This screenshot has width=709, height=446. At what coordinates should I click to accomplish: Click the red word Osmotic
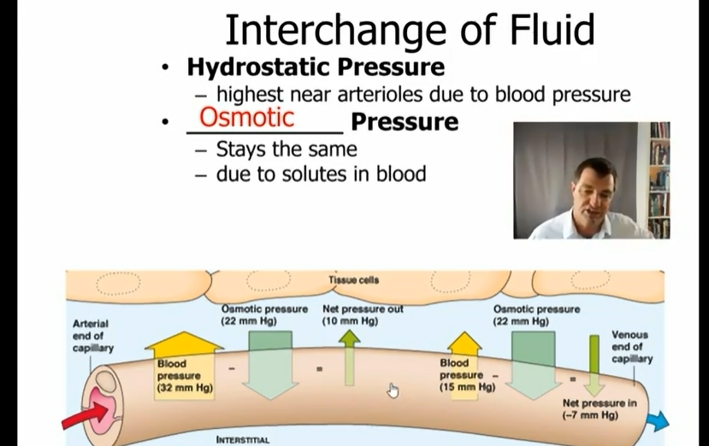coord(247,117)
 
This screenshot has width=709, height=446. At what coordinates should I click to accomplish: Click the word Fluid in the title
coord(552,30)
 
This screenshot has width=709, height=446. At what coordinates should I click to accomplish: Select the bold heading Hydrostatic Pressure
coord(316,67)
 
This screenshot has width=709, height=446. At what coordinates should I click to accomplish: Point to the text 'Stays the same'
coord(287,150)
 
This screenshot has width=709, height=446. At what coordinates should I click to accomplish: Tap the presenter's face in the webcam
coord(594,190)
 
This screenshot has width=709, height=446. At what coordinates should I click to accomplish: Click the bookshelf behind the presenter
coord(659,179)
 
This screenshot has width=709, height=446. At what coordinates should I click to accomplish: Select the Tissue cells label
coord(353,280)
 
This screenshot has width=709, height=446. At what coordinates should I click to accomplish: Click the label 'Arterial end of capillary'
coord(92,336)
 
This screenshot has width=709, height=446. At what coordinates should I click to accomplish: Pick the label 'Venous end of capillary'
coord(632,347)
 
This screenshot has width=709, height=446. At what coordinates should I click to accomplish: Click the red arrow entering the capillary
coord(85,416)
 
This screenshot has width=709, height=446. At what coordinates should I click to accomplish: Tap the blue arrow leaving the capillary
coord(659,420)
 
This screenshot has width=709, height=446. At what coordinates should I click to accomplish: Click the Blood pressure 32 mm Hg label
coord(185,375)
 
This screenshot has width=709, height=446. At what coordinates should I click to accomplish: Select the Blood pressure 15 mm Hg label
coord(467,374)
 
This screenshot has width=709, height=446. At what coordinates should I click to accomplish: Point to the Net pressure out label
coord(363,315)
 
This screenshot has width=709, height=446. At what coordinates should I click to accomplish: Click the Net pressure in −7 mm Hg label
coord(600,409)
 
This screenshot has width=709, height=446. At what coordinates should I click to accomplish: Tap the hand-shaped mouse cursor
coord(393,390)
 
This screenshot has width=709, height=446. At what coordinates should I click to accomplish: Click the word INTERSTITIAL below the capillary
coord(243,440)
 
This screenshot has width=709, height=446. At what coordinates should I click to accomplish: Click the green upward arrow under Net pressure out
coord(350,357)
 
